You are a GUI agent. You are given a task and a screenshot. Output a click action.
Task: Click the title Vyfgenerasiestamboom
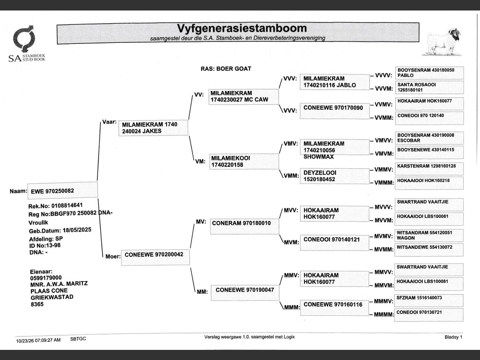pyautogui.click(x=242, y=28)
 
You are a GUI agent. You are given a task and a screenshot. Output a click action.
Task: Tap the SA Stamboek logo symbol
pyautogui.click(x=24, y=39)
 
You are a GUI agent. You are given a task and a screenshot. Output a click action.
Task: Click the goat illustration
pyautogui.click(x=442, y=42)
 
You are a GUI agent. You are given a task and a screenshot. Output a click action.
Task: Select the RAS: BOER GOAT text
pyautogui.click(x=226, y=69)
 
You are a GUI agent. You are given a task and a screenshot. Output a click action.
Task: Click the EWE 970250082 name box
pyautogui.click(x=63, y=190)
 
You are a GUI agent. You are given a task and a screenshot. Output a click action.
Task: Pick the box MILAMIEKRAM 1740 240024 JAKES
pyautogui.click(x=153, y=128)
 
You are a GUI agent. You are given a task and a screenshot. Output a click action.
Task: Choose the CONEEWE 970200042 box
pyautogui.click(x=156, y=258)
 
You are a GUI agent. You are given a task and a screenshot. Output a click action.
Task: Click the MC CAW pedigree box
pyautogui.click(x=244, y=97)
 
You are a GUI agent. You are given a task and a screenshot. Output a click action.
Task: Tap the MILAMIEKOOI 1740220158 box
pyautogui.click(x=244, y=162)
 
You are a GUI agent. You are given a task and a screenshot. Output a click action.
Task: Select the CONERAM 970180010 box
pyautogui.click(x=245, y=226)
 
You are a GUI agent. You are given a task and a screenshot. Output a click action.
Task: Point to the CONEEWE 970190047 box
pyautogui.click(x=245, y=293)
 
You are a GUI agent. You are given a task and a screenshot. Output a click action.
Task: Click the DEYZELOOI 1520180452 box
pyautogui.click(x=334, y=176)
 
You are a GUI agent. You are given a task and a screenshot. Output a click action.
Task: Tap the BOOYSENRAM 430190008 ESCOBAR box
pyautogui.click(x=429, y=138)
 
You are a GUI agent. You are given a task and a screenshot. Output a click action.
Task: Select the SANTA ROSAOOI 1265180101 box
pyautogui.click(x=429, y=87)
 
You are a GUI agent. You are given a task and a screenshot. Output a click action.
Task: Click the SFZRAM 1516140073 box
pyautogui.click(x=429, y=300)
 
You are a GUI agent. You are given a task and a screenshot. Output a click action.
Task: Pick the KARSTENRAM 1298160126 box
pyautogui.click(x=429, y=169)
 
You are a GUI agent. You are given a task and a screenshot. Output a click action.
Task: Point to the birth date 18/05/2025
pyautogui.click(x=77, y=230)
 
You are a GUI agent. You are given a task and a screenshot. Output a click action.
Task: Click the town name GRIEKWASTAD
pyautogui.click(x=52, y=297)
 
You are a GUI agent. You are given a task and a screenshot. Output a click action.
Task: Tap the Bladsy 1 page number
pyautogui.click(x=453, y=337)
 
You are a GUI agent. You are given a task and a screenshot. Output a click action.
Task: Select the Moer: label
pyautogui.click(x=113, y=256)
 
